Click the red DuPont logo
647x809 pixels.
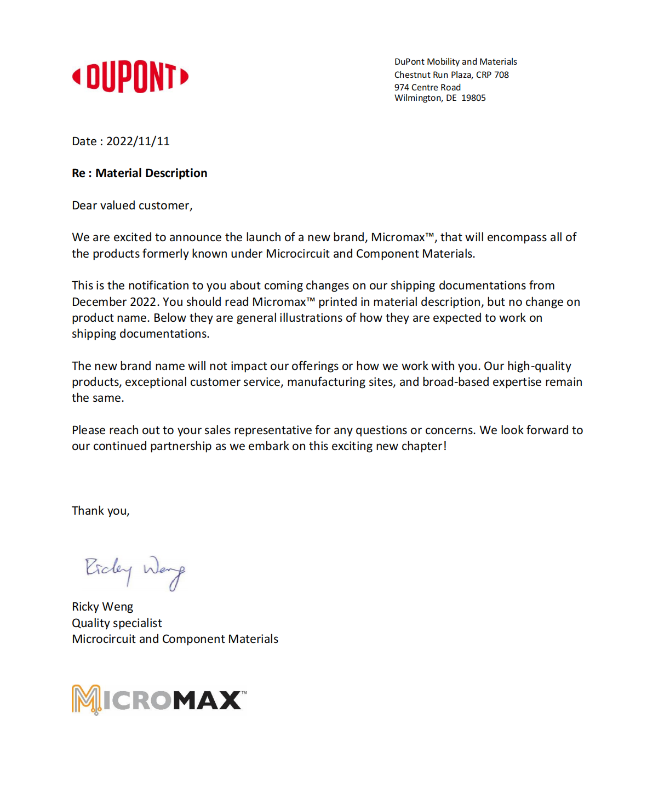(130, 77)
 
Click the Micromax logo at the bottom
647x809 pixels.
(158, 700)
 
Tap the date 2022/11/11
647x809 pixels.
(138, 141)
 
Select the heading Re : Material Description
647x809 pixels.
(139, 173)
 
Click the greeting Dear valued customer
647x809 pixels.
(131, 206)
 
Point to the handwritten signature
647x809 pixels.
(135, 572)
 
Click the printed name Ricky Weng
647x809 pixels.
(102, 607)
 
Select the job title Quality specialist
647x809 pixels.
(117, 623)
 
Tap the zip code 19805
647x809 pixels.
(473, 98)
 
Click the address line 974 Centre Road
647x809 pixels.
(427, 88)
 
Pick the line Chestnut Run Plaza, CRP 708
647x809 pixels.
(451, 75)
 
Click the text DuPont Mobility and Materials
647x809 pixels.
(455, 62)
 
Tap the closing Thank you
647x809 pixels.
(100, 511)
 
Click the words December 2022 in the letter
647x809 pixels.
(115, 302)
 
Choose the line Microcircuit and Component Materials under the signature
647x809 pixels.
(175, 639)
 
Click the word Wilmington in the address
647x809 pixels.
(418, 98)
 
